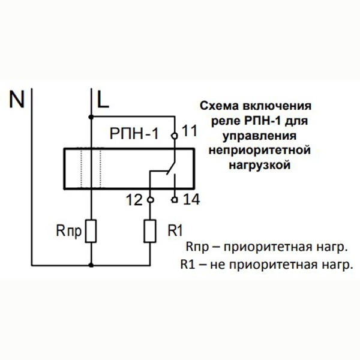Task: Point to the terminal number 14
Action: [190, 199]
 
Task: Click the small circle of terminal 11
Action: [175, 136]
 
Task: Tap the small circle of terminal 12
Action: [150, 199]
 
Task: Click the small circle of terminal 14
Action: [175, 199]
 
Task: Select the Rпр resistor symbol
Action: [91, 231]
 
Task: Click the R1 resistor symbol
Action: [150, 231]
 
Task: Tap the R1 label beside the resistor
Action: [175, 230]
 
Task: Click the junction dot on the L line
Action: [91, 115]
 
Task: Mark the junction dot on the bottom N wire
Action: [91, 263]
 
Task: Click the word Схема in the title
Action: [218, 106]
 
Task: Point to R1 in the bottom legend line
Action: [187, 264]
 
